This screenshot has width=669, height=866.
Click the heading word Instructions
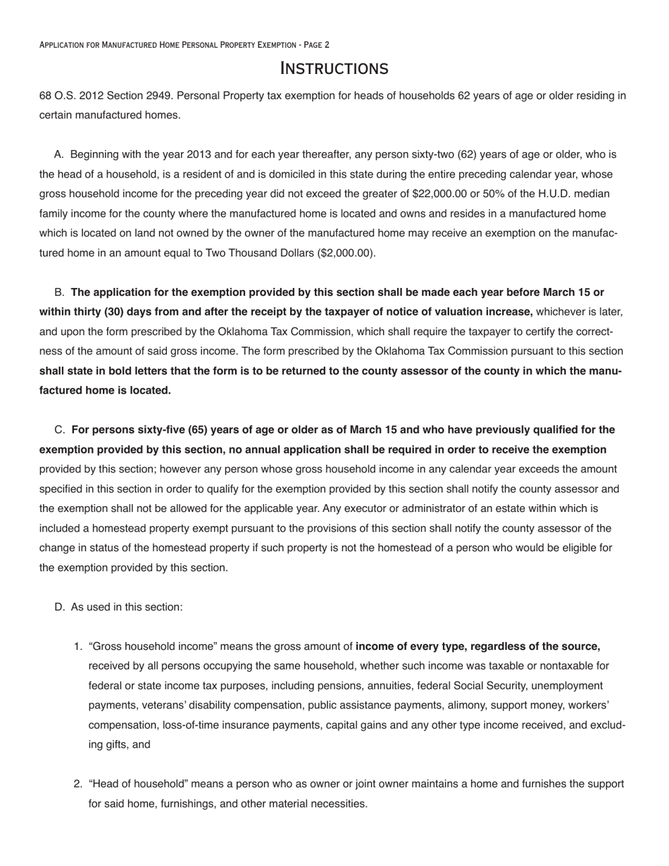(334, 68)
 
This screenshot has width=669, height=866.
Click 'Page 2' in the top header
(317, 45)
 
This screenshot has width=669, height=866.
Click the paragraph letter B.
(59, 292)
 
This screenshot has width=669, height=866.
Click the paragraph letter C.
(59, 430)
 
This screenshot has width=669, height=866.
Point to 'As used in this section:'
(127, 607)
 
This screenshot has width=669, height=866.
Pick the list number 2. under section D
(78, 784)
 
